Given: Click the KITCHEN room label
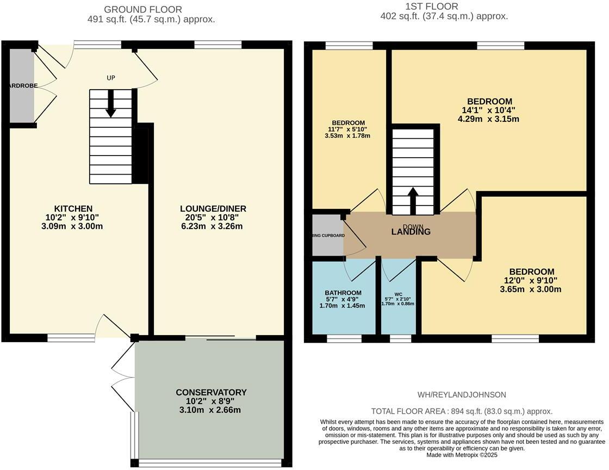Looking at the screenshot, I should point(73,209).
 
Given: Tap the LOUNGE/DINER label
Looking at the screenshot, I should point(213,209).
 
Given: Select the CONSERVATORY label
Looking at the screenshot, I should point(211,392).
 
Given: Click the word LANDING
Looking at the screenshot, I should point(411,232).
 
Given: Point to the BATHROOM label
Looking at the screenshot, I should point(343,293).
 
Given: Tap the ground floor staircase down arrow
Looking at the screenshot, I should point(110,104).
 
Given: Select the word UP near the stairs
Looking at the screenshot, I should point(111,78).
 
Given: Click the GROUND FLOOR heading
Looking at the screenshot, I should point(143,9).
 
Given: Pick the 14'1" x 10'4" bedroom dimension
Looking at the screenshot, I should point(489,110).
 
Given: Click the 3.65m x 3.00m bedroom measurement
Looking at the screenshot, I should point(531,289).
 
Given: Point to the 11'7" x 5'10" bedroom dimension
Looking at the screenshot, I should point(347,129).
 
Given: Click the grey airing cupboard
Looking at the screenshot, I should point(328,235).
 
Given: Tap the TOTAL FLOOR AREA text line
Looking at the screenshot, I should point(462,411).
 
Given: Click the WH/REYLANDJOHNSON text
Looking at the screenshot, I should point(461,394).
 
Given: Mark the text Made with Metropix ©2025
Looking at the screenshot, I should point(462,455).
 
